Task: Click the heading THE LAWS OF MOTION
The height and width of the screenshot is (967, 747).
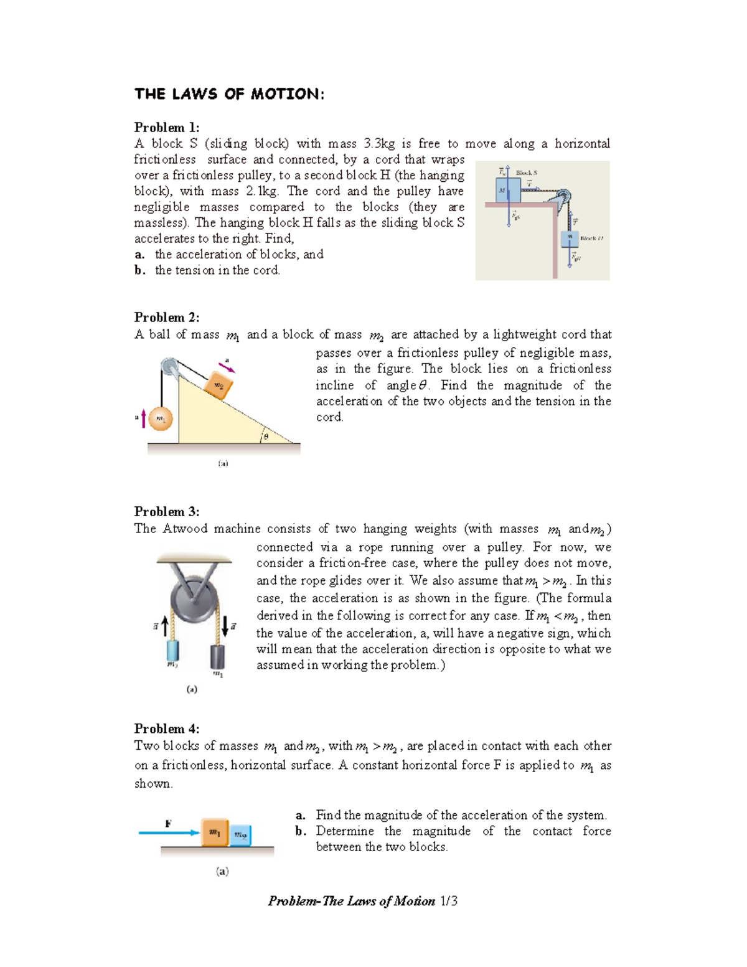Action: [229, 94]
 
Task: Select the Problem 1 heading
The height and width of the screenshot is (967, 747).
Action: [166, 128]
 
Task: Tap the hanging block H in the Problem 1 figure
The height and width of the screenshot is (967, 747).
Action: [570, 238]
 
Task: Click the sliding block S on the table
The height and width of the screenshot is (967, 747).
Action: [508, 190]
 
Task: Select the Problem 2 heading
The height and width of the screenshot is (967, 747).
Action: [166, 318]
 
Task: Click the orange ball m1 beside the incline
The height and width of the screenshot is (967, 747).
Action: [161, 418]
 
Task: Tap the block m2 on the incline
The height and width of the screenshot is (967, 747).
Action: [218, 386]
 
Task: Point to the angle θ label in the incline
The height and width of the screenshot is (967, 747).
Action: [266, 436]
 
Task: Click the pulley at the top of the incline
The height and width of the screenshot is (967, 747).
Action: [169, 367]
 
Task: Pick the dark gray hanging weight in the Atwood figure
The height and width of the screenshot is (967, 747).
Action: [217, 657]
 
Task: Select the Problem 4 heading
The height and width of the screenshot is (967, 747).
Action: [166, 729]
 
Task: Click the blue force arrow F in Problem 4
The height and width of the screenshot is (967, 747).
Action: [169, 833]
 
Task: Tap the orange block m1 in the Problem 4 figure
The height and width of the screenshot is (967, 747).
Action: [214, 833]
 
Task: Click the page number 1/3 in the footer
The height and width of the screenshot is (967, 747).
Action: [448, 901]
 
